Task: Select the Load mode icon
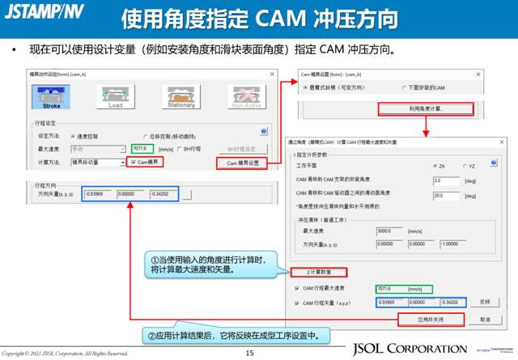116,96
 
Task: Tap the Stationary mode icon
180,96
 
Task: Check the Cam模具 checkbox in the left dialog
134,163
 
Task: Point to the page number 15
249,353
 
